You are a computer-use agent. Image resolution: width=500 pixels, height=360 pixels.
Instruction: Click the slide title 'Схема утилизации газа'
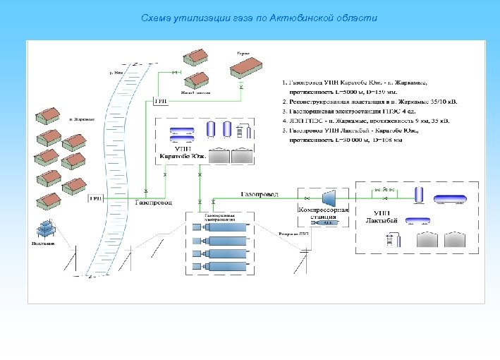(x=260, y=18)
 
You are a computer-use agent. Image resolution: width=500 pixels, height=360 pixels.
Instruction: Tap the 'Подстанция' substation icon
(x=47, y=229)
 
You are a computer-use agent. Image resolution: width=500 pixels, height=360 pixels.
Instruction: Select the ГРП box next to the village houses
(x=95, y=200)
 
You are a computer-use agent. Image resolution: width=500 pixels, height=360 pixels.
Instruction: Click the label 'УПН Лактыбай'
(x=382, y=216)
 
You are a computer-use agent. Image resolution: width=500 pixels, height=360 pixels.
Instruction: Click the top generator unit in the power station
(x=219, y=228)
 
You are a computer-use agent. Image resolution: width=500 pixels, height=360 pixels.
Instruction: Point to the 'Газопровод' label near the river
(x=152, y=203)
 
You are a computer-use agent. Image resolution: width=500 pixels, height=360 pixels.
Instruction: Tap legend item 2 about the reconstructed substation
(x=370, y=102)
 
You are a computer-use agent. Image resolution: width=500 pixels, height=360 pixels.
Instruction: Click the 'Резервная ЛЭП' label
(x=294, y=233)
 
